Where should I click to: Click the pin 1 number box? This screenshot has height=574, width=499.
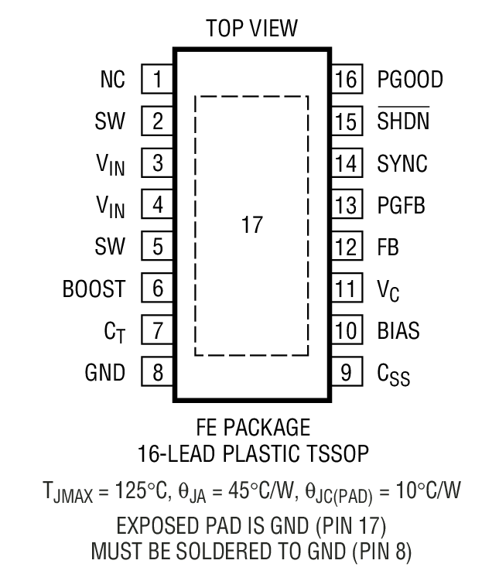[x=157, y=79]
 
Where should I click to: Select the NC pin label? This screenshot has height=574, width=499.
[x=112, y=79]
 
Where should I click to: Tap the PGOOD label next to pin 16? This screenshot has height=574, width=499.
[x=410, y=79]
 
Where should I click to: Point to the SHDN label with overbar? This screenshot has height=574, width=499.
[x=402, y=121]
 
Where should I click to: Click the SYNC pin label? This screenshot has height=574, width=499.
[x=402, y=163]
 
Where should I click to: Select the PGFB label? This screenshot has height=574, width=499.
[x=401, y=205]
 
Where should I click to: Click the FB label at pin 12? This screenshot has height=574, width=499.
[x=388, y=248]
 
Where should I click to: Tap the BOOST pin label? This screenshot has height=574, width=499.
[x=94, y=289]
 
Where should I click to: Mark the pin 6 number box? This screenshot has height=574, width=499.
[x=157, y=289]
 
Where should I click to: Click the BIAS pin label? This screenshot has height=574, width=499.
[x=398, y=331]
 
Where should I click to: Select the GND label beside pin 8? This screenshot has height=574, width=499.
[x=105, y=373]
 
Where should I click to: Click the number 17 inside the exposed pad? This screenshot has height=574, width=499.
[x=251, y=225]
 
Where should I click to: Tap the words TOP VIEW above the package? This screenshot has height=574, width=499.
[x=251, y=29]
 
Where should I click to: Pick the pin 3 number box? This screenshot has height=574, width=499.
[x=157, y=163]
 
